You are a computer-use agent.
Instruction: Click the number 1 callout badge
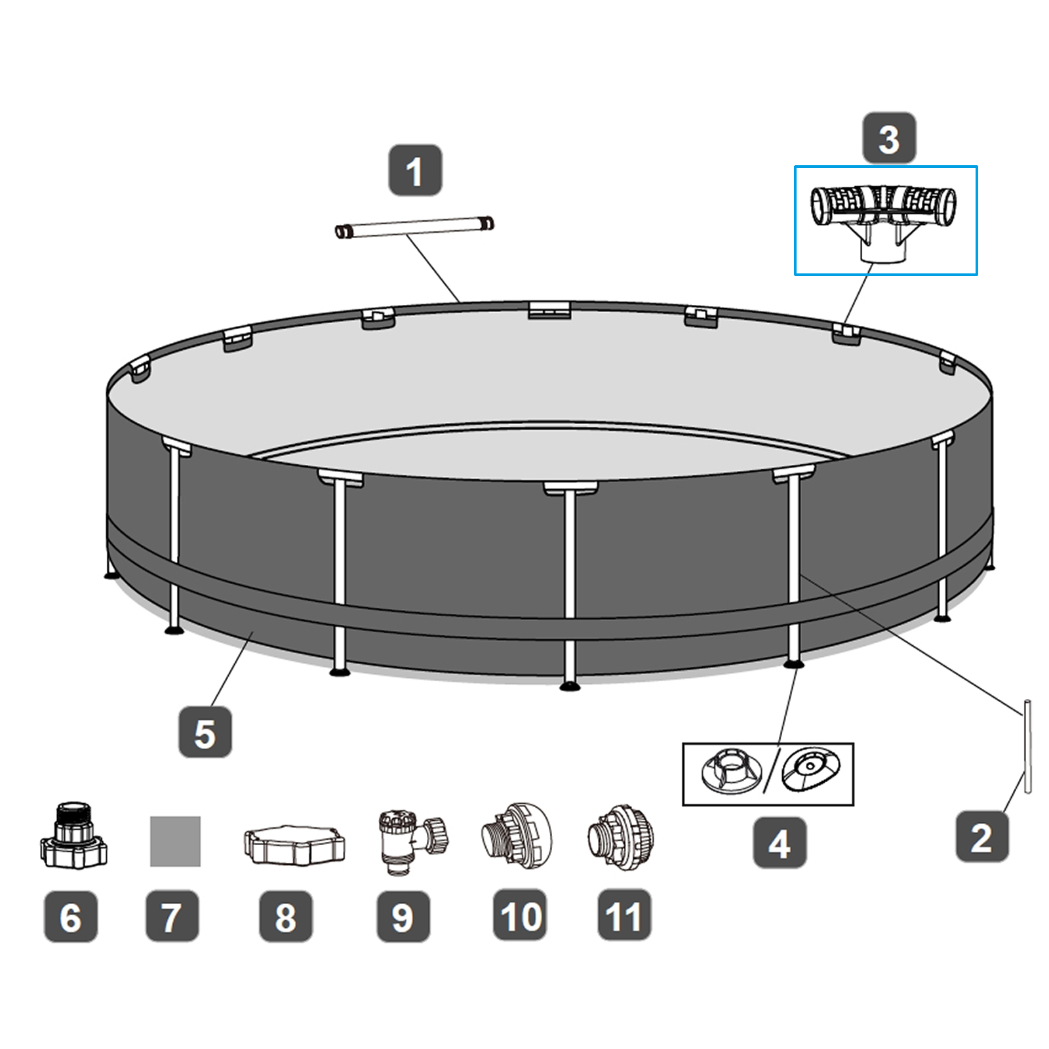415,170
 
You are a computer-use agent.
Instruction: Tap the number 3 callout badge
888,138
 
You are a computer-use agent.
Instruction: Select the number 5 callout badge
205,732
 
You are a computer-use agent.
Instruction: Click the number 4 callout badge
779,842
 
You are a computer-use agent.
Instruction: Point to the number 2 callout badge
981,837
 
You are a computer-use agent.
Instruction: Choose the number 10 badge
520,915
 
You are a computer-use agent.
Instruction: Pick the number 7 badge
172,916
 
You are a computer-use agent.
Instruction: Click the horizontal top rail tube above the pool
414,227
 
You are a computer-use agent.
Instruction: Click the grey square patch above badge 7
175,841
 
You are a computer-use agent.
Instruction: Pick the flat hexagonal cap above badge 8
294,844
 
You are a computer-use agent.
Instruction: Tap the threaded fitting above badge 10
517,837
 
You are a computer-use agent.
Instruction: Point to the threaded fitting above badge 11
620,837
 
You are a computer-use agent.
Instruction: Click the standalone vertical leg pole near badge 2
1027,746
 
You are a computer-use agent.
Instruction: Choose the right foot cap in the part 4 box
811,768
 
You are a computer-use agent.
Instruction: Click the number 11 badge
623,915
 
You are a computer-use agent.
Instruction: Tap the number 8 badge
285,916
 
